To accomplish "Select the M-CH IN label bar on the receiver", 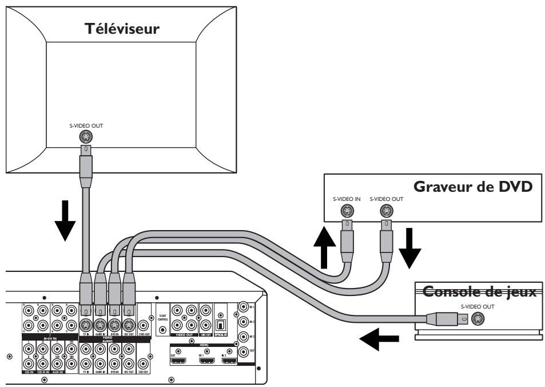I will tap(49, 338).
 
